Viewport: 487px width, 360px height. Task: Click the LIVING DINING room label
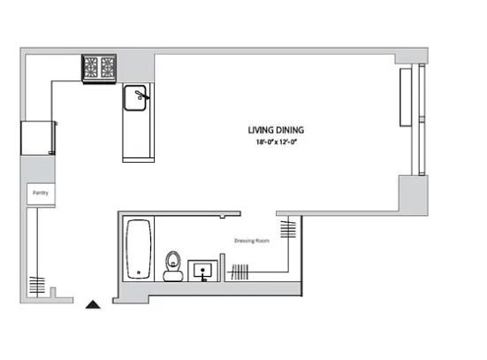tap(276, 130)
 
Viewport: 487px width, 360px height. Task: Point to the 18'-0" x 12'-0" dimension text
tap(277, 142)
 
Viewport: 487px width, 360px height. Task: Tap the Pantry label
tap(41, 193)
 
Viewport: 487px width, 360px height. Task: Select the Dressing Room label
tap(252, 241)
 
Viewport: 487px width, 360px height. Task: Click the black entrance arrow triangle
tap(93, 304)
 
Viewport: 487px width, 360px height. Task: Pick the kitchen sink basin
tap(135, 98)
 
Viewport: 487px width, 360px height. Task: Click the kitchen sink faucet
tap(142, 96)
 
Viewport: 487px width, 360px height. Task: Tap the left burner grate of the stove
tap(91, 67)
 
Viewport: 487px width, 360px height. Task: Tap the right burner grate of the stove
tap(108, 67)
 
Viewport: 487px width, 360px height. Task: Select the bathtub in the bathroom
tap(139, 249)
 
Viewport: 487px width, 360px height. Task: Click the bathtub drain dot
tap(139, 272)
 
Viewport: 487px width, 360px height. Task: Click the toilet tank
tap(173, 276)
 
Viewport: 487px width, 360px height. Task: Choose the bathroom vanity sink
tap(202, 271)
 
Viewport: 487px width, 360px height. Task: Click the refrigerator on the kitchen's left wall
tap(38, 138)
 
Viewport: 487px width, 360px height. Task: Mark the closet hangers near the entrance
tap(37, 286)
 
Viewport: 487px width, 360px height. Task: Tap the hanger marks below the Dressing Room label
tap(240, 272)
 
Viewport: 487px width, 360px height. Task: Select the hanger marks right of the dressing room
tap(288, 229)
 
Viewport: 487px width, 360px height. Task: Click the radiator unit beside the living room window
tap(406, 97)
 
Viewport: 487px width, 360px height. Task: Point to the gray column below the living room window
tap(414, 195)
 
